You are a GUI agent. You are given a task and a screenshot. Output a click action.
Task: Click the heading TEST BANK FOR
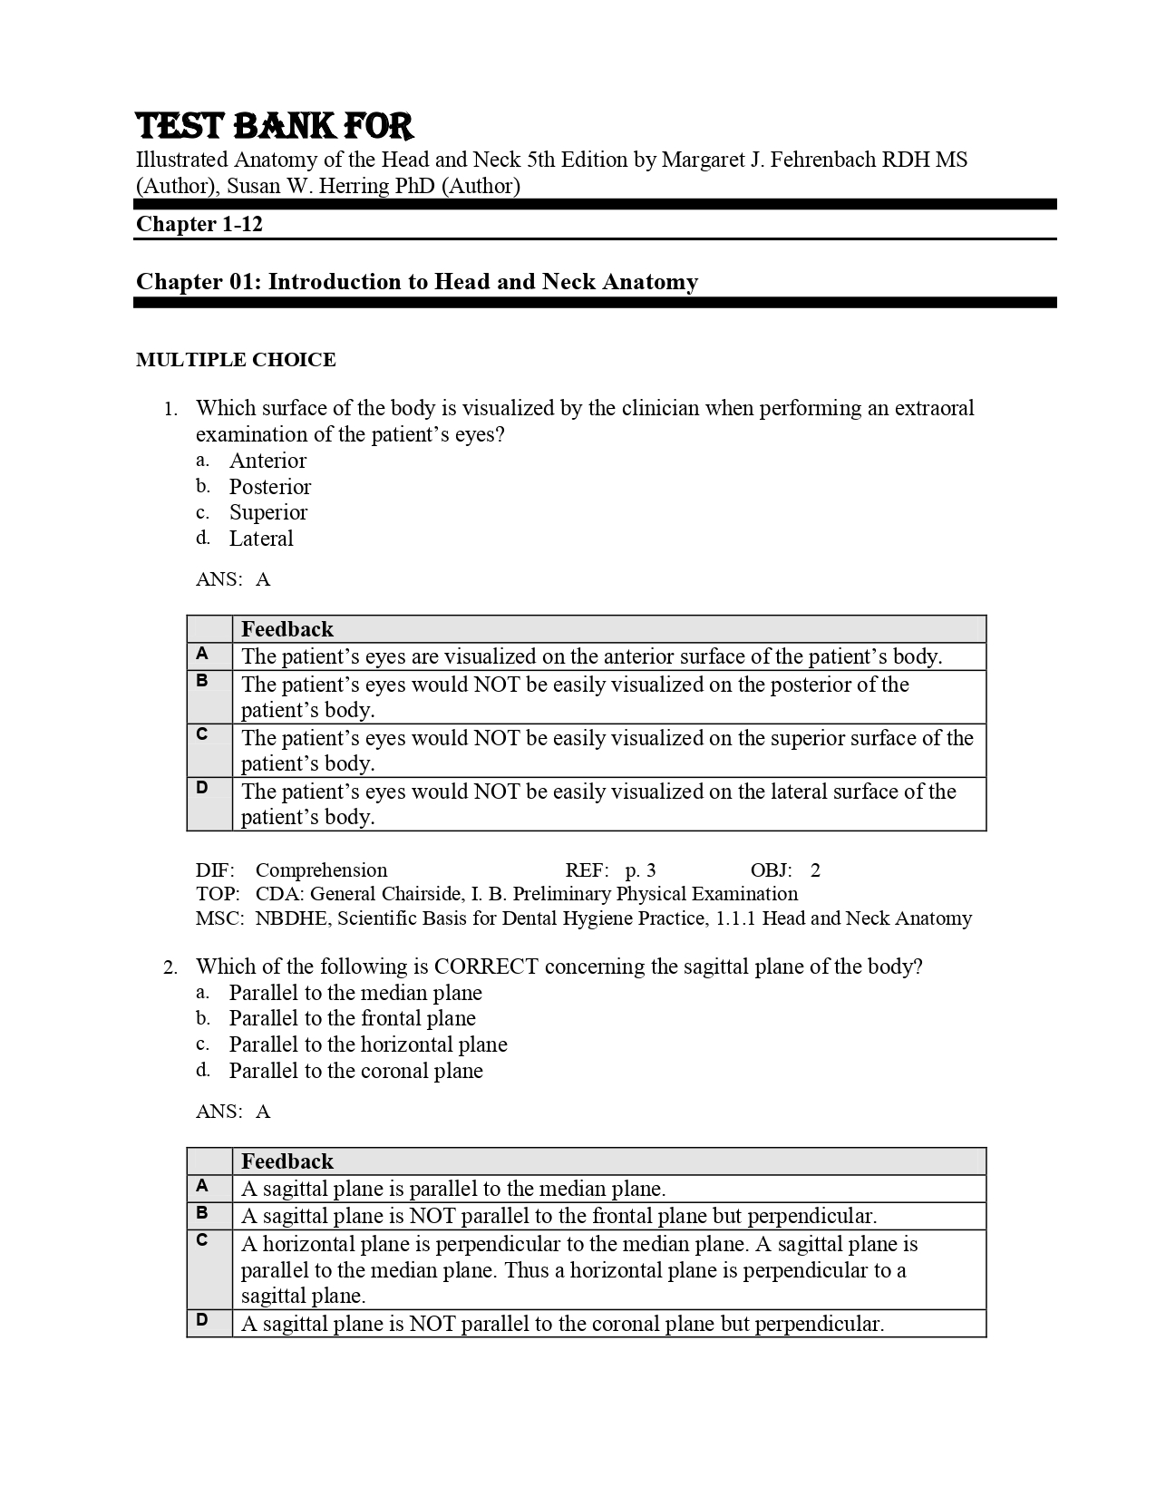274,126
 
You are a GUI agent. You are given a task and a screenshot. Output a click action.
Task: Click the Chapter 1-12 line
199,224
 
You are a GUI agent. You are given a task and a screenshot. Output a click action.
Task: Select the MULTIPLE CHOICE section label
236,360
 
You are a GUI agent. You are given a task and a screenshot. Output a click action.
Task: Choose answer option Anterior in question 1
267,461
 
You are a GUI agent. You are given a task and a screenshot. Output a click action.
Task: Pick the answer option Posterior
269,487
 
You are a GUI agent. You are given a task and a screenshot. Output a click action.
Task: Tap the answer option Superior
267,512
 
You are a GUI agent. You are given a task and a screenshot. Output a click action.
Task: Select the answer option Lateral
261,539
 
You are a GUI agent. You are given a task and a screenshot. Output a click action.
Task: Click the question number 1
170,409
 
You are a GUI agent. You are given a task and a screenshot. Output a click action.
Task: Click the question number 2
170,967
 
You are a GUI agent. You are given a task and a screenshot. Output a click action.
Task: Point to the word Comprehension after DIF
321,870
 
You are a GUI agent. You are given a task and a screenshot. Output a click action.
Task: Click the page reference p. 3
640,870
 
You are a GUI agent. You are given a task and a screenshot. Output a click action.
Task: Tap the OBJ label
770,870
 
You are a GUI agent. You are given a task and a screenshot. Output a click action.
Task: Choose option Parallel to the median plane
355,993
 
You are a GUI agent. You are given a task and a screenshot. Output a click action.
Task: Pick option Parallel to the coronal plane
355,1071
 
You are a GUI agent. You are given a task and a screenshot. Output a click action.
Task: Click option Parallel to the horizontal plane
367,1044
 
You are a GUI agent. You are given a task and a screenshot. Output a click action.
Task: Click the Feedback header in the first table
287,629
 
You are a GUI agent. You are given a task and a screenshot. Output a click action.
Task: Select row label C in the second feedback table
202,1239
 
